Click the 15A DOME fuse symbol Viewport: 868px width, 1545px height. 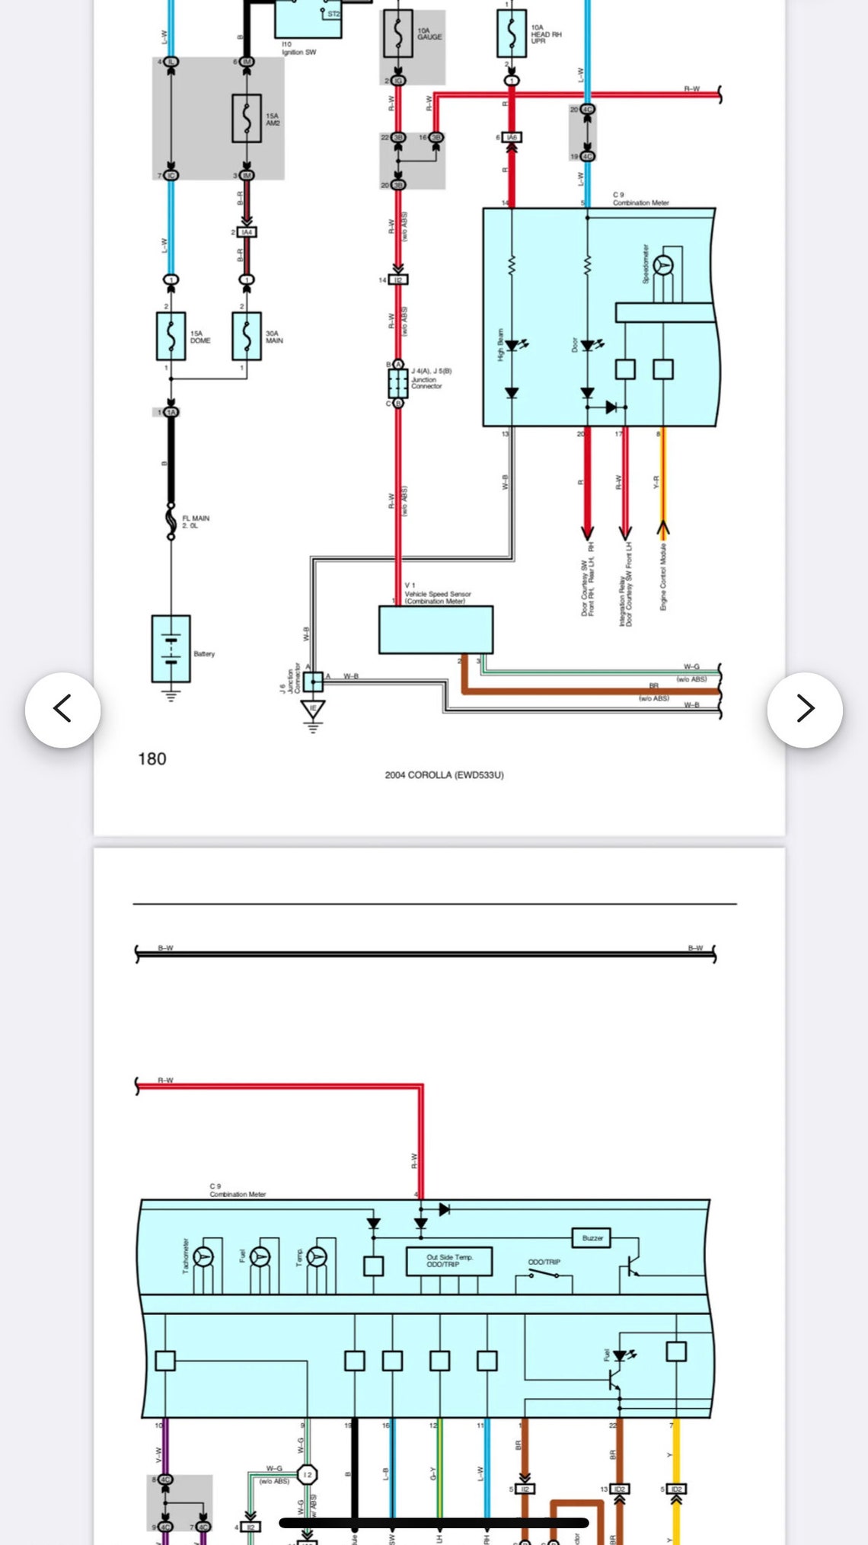point(171,336)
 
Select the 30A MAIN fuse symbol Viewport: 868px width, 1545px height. point(247,336)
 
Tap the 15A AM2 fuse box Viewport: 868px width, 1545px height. point(247,118)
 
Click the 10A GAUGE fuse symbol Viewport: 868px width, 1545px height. point(397,34)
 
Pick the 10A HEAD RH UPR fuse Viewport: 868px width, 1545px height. point(511,34)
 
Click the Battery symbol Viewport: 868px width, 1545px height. point(171,648)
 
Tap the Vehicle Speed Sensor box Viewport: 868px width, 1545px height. point(436,630)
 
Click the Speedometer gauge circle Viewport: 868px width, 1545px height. point(663,266)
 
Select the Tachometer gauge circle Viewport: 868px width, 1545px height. point(203,1256)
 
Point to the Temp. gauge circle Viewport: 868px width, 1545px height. point(317,1256)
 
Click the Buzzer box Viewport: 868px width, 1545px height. point(592,1237)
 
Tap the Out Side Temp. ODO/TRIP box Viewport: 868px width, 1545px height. point(448,1261)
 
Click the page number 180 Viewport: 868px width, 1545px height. point(152,758)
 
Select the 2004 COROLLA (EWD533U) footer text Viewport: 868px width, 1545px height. point(444,775)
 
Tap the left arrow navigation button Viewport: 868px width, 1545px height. point(62,709)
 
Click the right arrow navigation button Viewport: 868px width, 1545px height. point(805,709)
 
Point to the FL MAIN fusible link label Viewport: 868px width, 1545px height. point(195,522)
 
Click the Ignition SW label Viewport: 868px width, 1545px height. point(298,49)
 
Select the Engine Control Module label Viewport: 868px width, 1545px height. point(663,577)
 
